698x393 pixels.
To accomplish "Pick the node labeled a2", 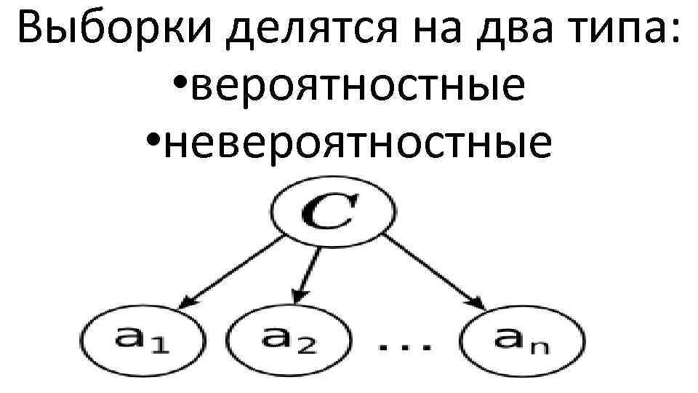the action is point(289,338).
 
